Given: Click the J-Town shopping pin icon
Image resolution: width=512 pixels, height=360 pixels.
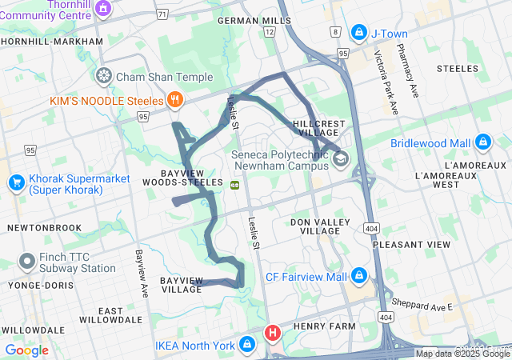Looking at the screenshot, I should click(x=358, y=33).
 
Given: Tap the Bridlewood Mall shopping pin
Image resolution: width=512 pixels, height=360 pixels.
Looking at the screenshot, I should click(x=482, y=143).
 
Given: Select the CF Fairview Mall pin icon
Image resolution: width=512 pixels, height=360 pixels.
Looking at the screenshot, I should click(x=358, y=277).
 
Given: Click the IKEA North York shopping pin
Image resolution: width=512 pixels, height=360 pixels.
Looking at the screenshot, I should click(x=247, y=346).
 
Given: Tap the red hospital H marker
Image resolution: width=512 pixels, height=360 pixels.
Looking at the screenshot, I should click(x=273, y=332).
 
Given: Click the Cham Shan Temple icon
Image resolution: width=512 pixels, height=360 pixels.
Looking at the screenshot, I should click(x=103, y=77).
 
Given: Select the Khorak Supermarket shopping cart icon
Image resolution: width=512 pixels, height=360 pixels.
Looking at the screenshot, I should click(x=16, y=182).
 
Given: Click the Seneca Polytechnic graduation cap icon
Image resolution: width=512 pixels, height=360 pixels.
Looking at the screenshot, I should click(x=341, y=158).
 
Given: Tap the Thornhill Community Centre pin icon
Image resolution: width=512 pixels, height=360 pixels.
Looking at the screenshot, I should click(x=102, y=8).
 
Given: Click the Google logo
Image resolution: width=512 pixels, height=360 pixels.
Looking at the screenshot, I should click(x=26, y=350).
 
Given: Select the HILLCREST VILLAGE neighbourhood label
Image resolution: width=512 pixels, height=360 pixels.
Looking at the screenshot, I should click(x=319, y=129).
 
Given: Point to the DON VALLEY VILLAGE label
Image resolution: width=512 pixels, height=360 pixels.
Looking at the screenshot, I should click(x=320, y=226).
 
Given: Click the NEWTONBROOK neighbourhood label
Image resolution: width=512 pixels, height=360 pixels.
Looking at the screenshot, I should click(x=44, y=227).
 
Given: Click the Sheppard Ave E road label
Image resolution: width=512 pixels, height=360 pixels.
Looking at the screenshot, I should click(x=422, y=305).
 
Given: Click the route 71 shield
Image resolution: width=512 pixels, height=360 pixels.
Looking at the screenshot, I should click(x=163, y=14).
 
